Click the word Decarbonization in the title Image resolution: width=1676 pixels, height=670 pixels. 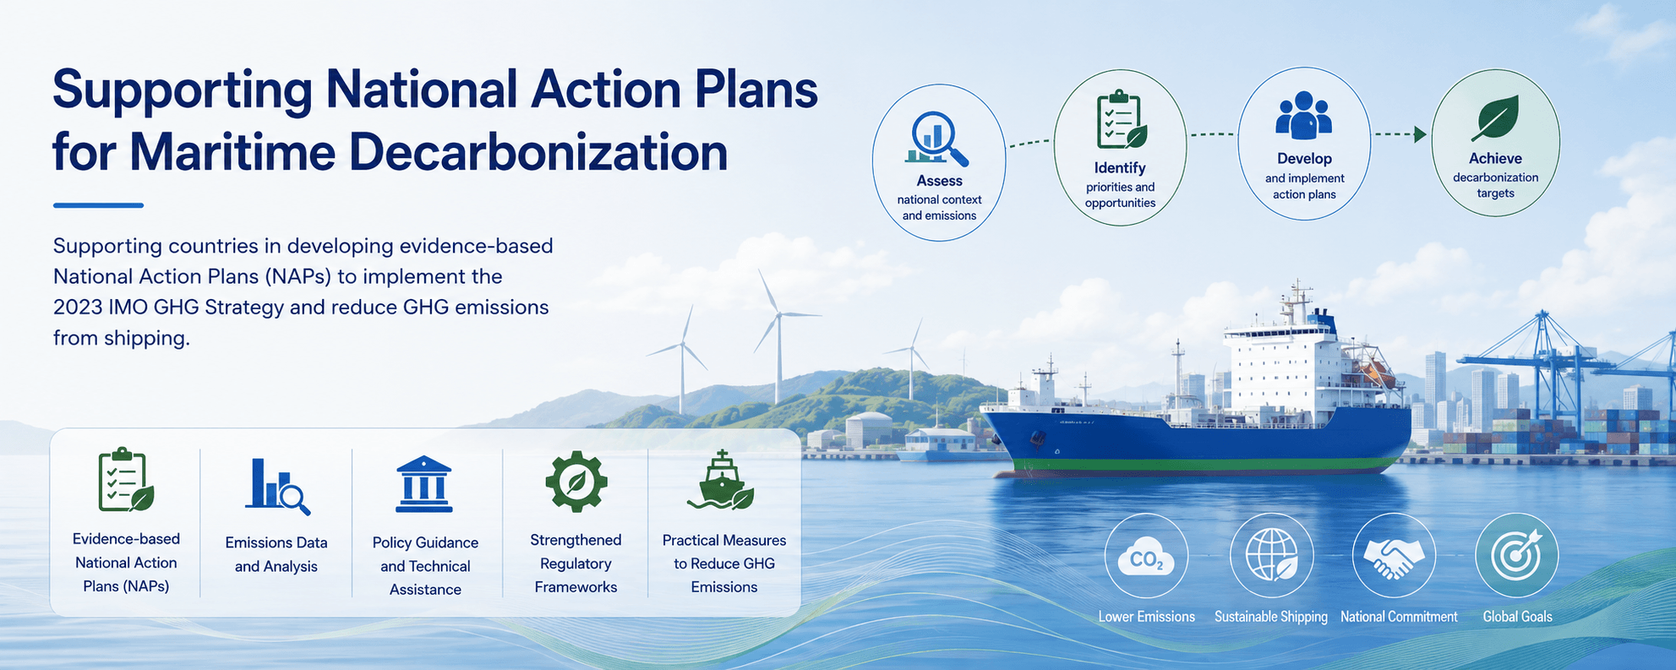[538, 153]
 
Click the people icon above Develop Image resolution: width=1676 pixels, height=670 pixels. [1303, 116]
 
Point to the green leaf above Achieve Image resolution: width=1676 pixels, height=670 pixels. [1495, 117]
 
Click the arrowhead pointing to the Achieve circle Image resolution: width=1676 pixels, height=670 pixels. [1421, 134]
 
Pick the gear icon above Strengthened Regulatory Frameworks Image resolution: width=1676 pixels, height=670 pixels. [576, 482]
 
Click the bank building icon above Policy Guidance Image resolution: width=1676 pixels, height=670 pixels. [424, 485]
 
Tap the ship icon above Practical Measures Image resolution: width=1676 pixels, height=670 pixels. [721, 481]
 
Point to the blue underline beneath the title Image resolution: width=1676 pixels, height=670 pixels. [98, 205]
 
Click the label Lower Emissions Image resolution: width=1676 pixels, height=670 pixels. [1147, 617]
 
